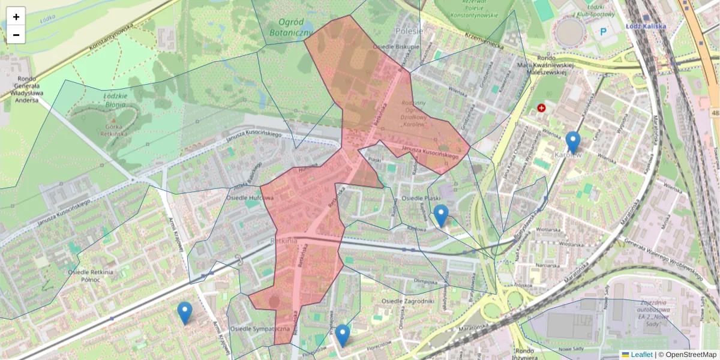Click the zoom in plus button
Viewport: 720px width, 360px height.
(16, 17)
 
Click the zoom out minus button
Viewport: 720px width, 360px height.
(16, 35)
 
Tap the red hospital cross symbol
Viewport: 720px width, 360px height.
(542, 108)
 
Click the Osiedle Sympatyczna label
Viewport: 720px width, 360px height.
(260, 329)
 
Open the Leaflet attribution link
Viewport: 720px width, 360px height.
(641, 355)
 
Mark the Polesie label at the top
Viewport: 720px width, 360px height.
(409, 31)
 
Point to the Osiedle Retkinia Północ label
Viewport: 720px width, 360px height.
(91, 276)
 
